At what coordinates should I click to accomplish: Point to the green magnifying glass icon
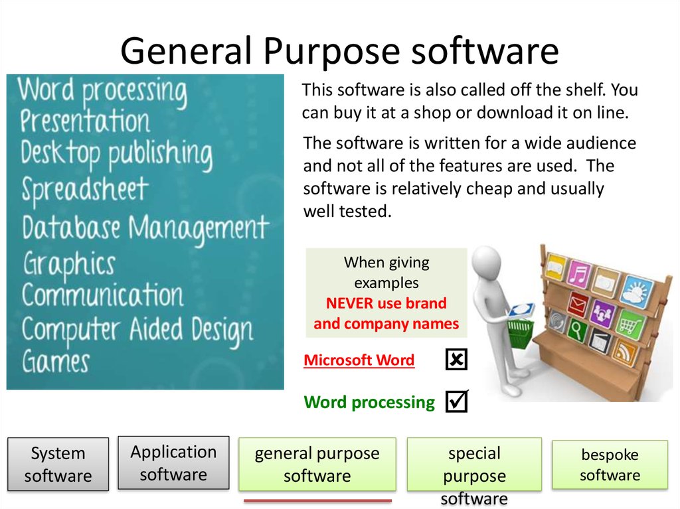[x=576, y=330]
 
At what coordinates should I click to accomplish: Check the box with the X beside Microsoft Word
[x=456, y=360]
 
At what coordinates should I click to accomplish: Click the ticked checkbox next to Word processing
[x=456, y=401]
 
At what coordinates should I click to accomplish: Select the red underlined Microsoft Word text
[x=359, y=360]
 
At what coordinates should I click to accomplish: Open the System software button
[x=58, y=465]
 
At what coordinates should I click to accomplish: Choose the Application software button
[x=173, y=463]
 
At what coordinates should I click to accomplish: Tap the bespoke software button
[x=610, y=465]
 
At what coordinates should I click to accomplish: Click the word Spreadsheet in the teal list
[x=84, y=190]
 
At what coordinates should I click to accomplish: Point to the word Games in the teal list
[x=56, y=362]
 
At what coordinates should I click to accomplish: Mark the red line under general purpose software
[x=317, y=500]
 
